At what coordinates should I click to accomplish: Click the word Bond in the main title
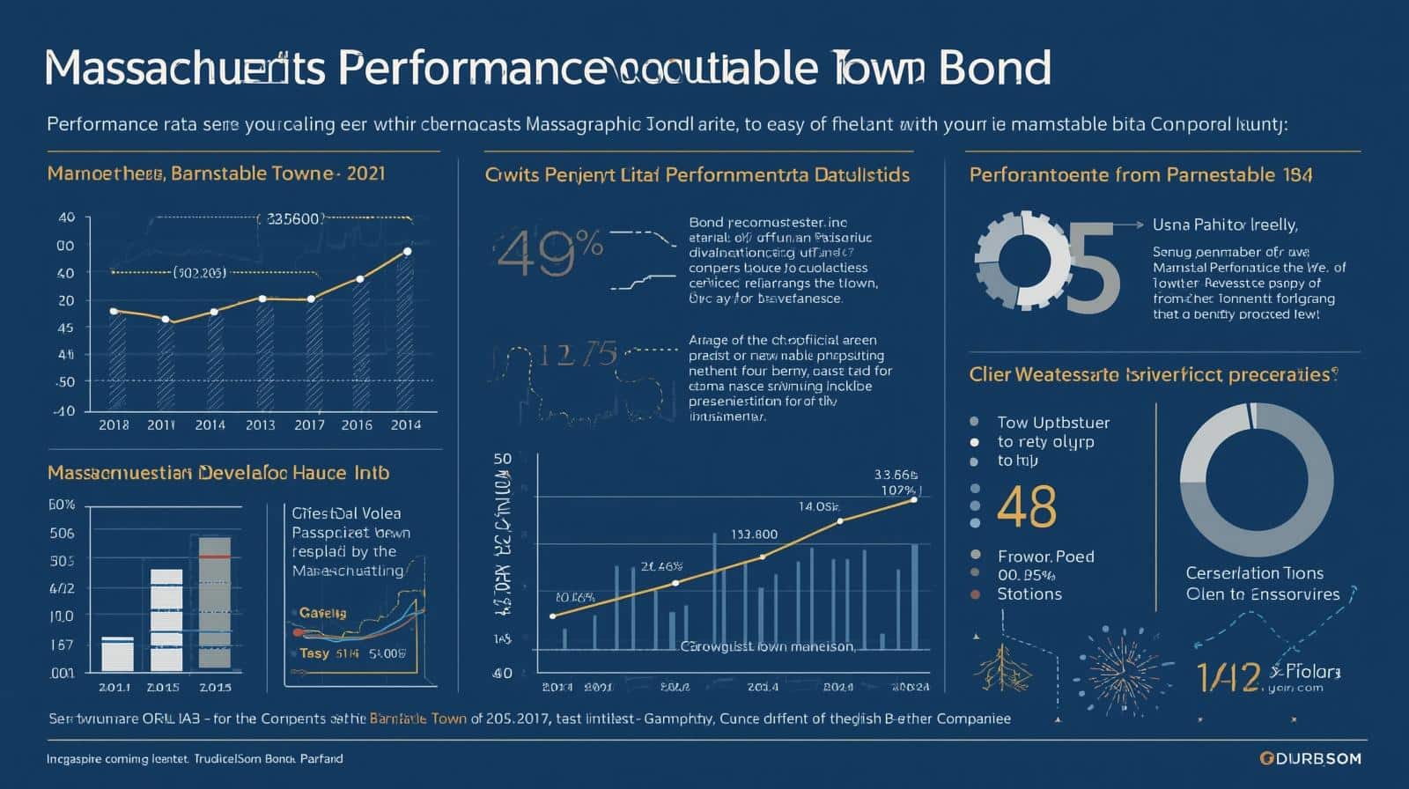tap(995, 68)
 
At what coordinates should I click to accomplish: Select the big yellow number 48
tap(1027, 505)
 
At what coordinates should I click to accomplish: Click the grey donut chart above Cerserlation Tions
tap(1249, 480)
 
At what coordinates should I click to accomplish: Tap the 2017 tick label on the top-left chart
tap(309, 424)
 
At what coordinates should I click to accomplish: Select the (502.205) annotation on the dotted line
tap(199, 272)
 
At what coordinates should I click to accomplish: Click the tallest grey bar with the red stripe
tap(215, 602)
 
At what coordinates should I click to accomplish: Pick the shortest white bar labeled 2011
tap(117, 653)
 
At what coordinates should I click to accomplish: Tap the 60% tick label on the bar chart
tap(62, 505)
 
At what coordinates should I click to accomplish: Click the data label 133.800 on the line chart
tap(754, 534)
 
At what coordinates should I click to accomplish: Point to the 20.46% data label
tap(661, 566)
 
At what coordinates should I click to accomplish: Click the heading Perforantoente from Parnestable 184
tap(1140, 174)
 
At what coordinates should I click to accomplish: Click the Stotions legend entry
tap(1029, 594)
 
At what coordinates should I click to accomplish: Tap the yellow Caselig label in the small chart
tap(322, 613)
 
